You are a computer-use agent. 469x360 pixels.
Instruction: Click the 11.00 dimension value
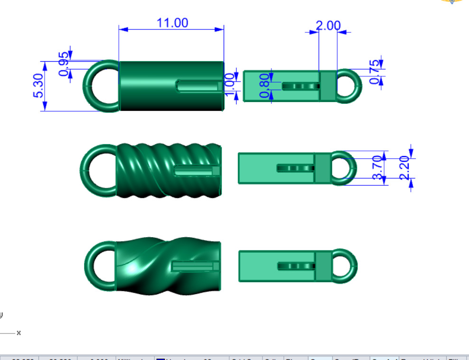click(x=172, y=23)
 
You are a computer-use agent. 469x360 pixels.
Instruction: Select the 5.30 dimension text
click(x=39, y=85)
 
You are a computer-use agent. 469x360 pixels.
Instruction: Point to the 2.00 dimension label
click(x=328, y=26)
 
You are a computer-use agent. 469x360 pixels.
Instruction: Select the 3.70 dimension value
click(x=378, y=167)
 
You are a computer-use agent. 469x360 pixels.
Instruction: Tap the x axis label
click(x=19, y=333)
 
